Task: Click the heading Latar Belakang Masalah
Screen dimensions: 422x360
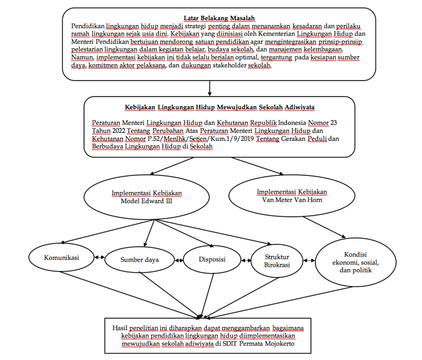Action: [219, 18]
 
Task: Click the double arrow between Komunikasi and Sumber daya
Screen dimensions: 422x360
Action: [99, 258]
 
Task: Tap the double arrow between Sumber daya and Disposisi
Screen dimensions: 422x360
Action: [179, 261]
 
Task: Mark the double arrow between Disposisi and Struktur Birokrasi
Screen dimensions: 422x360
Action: [246, 261]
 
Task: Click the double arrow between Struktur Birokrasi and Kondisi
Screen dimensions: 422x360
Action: [309, 261]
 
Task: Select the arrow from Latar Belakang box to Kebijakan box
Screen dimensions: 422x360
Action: [209, 89]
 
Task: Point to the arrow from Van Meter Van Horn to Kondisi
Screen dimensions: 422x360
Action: [324, 227]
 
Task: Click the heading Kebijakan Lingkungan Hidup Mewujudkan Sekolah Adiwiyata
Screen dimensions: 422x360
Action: [220, 108]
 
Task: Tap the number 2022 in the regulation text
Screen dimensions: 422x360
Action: [118, 131]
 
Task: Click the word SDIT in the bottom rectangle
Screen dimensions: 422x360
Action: [229, 344]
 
